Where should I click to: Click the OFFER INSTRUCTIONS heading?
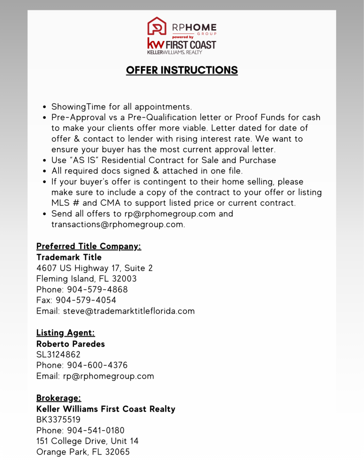pyautogui.click(x=182, y=70)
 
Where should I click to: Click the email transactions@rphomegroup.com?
pyautogui.click(x=117, y=224)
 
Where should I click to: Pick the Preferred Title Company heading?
pyautogui.click(x=89, y=246)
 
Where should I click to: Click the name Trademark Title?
pyautogui.click(x=69, y=258)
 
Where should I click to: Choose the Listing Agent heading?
pyautogui.click(x=66, y=333)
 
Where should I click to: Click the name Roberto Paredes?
pyautogui.click(x=71, y=344)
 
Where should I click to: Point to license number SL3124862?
pyautogui.click(x=58, y=355)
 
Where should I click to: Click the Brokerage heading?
pyautogui.click(x=59, y=398)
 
